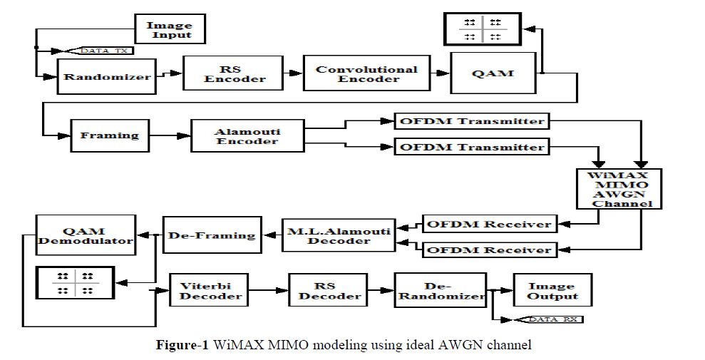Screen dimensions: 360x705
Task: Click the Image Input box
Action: click(170, 30)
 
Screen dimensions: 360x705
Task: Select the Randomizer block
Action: click(107, 76)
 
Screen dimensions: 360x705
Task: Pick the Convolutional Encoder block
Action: click(366, 74)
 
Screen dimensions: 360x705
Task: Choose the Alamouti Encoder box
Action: click(247, 135)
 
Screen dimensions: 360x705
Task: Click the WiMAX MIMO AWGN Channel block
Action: click(619, 188)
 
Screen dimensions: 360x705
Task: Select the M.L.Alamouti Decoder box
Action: click(338, 235)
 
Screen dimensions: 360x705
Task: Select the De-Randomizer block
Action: click(440, 289)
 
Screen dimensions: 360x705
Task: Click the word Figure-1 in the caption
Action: click(182, 346)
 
